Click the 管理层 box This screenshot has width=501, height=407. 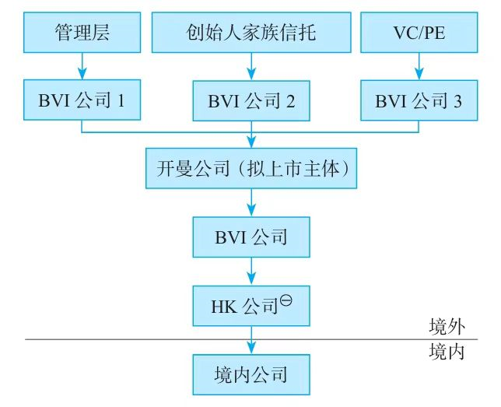coord(82,32)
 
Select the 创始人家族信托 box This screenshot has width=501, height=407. coord(250,32)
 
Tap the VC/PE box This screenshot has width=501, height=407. coord(419,32)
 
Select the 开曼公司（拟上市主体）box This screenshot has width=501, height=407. coord(250,168)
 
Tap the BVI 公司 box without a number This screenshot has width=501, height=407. coord(250,237)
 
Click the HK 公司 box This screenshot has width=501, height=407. coord(250,305)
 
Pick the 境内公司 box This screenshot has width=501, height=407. coord(250,374)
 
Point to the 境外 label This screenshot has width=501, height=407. coord(447,326)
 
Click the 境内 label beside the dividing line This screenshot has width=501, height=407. coord(447,352)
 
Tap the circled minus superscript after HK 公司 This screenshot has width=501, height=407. coord(286,298)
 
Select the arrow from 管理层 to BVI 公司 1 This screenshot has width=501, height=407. coord(82,66)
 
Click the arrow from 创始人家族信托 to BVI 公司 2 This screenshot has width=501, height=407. coord(250,66)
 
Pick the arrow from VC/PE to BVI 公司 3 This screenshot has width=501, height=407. coord(419,66)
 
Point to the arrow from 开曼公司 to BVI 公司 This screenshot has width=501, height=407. coord(250,202)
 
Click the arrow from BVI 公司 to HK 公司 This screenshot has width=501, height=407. coord(250,271)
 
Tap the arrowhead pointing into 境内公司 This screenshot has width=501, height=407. coord(250,349)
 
